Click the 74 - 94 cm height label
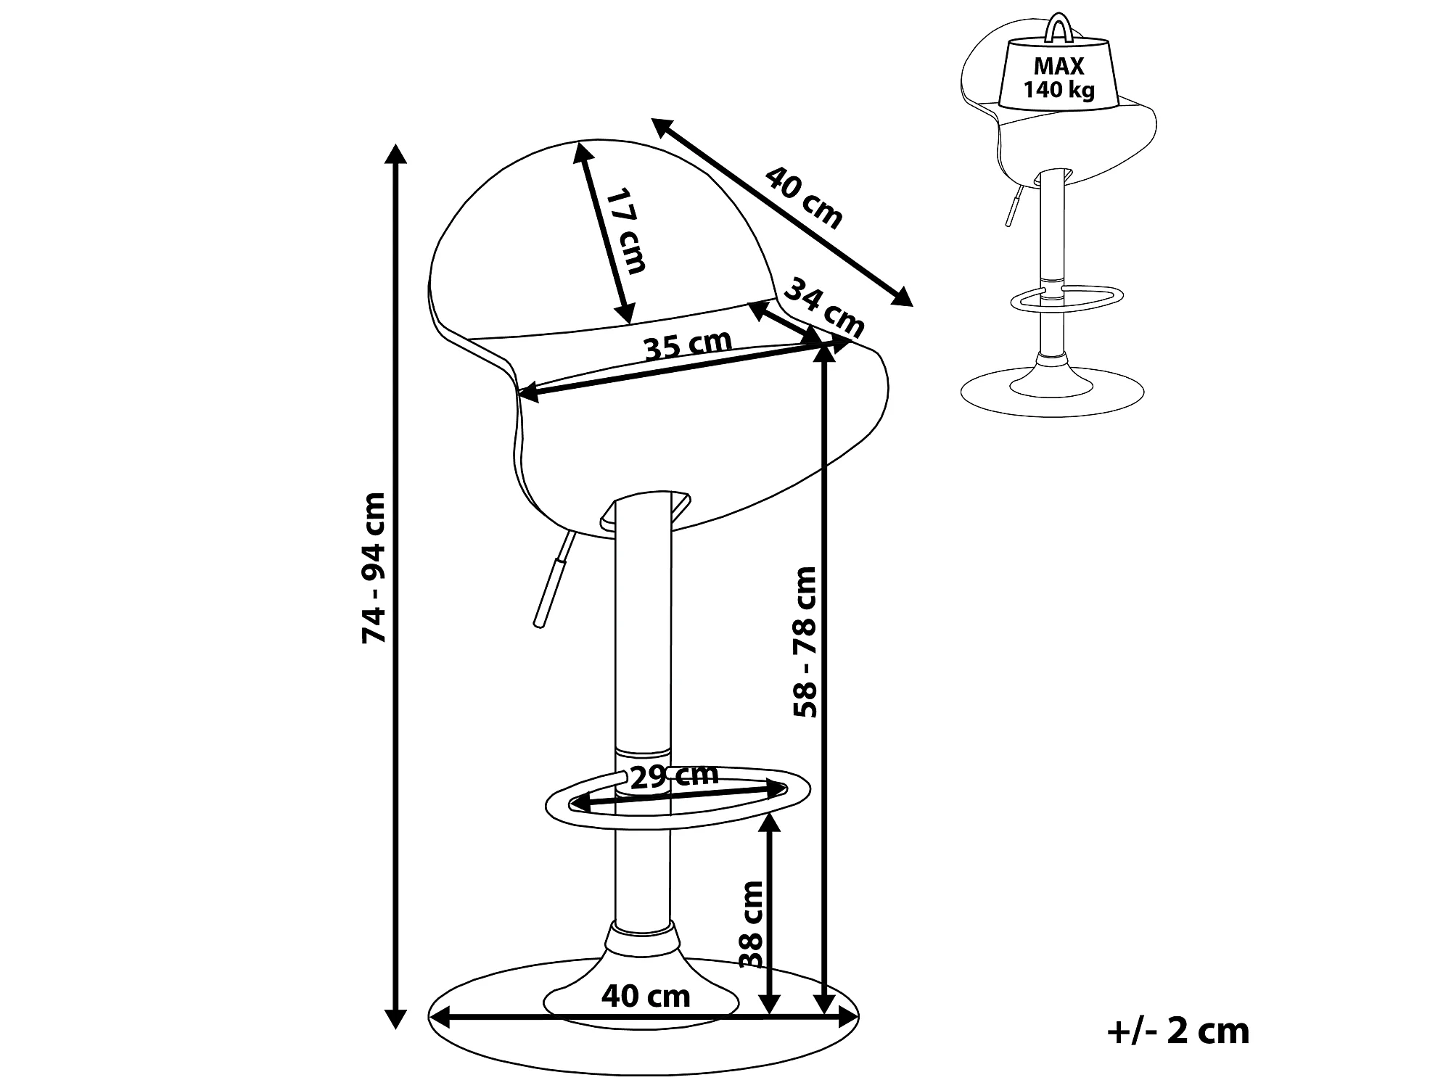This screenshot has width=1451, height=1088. (x=374, y=568)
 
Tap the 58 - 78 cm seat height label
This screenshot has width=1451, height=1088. (x=805, y=642)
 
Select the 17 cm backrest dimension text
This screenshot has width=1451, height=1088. (x=625, y=231)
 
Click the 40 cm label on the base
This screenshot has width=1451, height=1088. (x=646, y=996)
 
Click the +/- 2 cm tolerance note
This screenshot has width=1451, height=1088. (x=1178, y=1031)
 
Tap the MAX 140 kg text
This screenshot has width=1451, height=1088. (x=1059, y=78)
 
